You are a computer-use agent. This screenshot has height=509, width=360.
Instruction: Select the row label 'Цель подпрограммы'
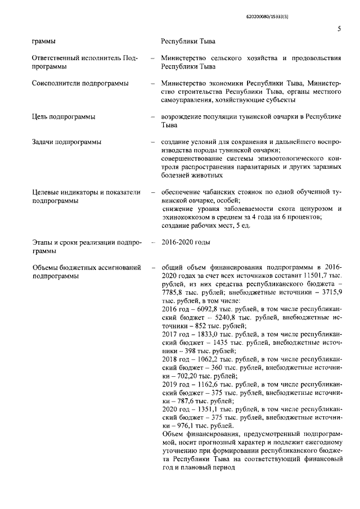64,117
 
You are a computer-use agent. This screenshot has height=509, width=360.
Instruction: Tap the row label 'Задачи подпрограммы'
66,142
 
